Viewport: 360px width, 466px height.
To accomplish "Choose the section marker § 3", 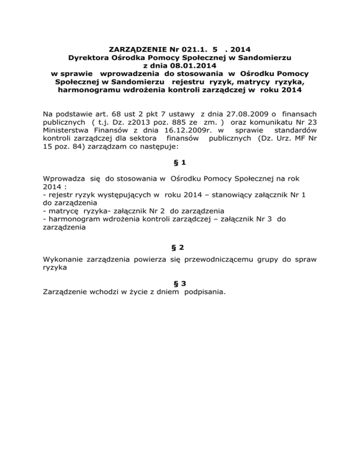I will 180,283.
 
